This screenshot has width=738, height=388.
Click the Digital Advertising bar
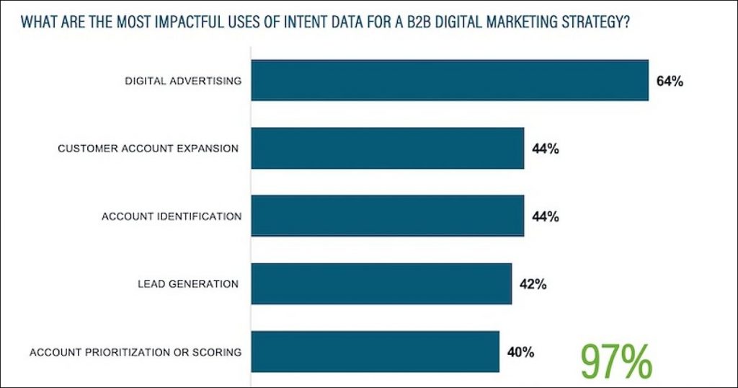click(449, 80)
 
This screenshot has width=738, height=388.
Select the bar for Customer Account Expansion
click(387, 148)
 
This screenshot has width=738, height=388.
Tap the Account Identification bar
click(387, 216)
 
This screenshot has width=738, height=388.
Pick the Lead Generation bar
click(381, 283)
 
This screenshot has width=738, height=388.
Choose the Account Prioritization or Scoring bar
click(375, 351)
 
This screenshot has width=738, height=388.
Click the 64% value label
click(670, 81)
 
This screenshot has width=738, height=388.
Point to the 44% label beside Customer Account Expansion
click(546, 149)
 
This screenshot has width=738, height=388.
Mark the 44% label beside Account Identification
click(546, 216)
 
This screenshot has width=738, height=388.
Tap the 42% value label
click(533, 284)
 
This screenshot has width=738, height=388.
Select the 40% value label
click(520, 352)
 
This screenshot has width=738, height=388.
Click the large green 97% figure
click(616, 360)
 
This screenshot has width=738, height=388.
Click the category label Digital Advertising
click(183, 81)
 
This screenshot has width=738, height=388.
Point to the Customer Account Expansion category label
click(148, 149)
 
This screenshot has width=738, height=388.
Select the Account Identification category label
click(172, 216)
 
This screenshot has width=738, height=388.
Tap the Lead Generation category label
click(188, 284)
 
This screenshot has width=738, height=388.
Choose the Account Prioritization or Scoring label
click(135, 352)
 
